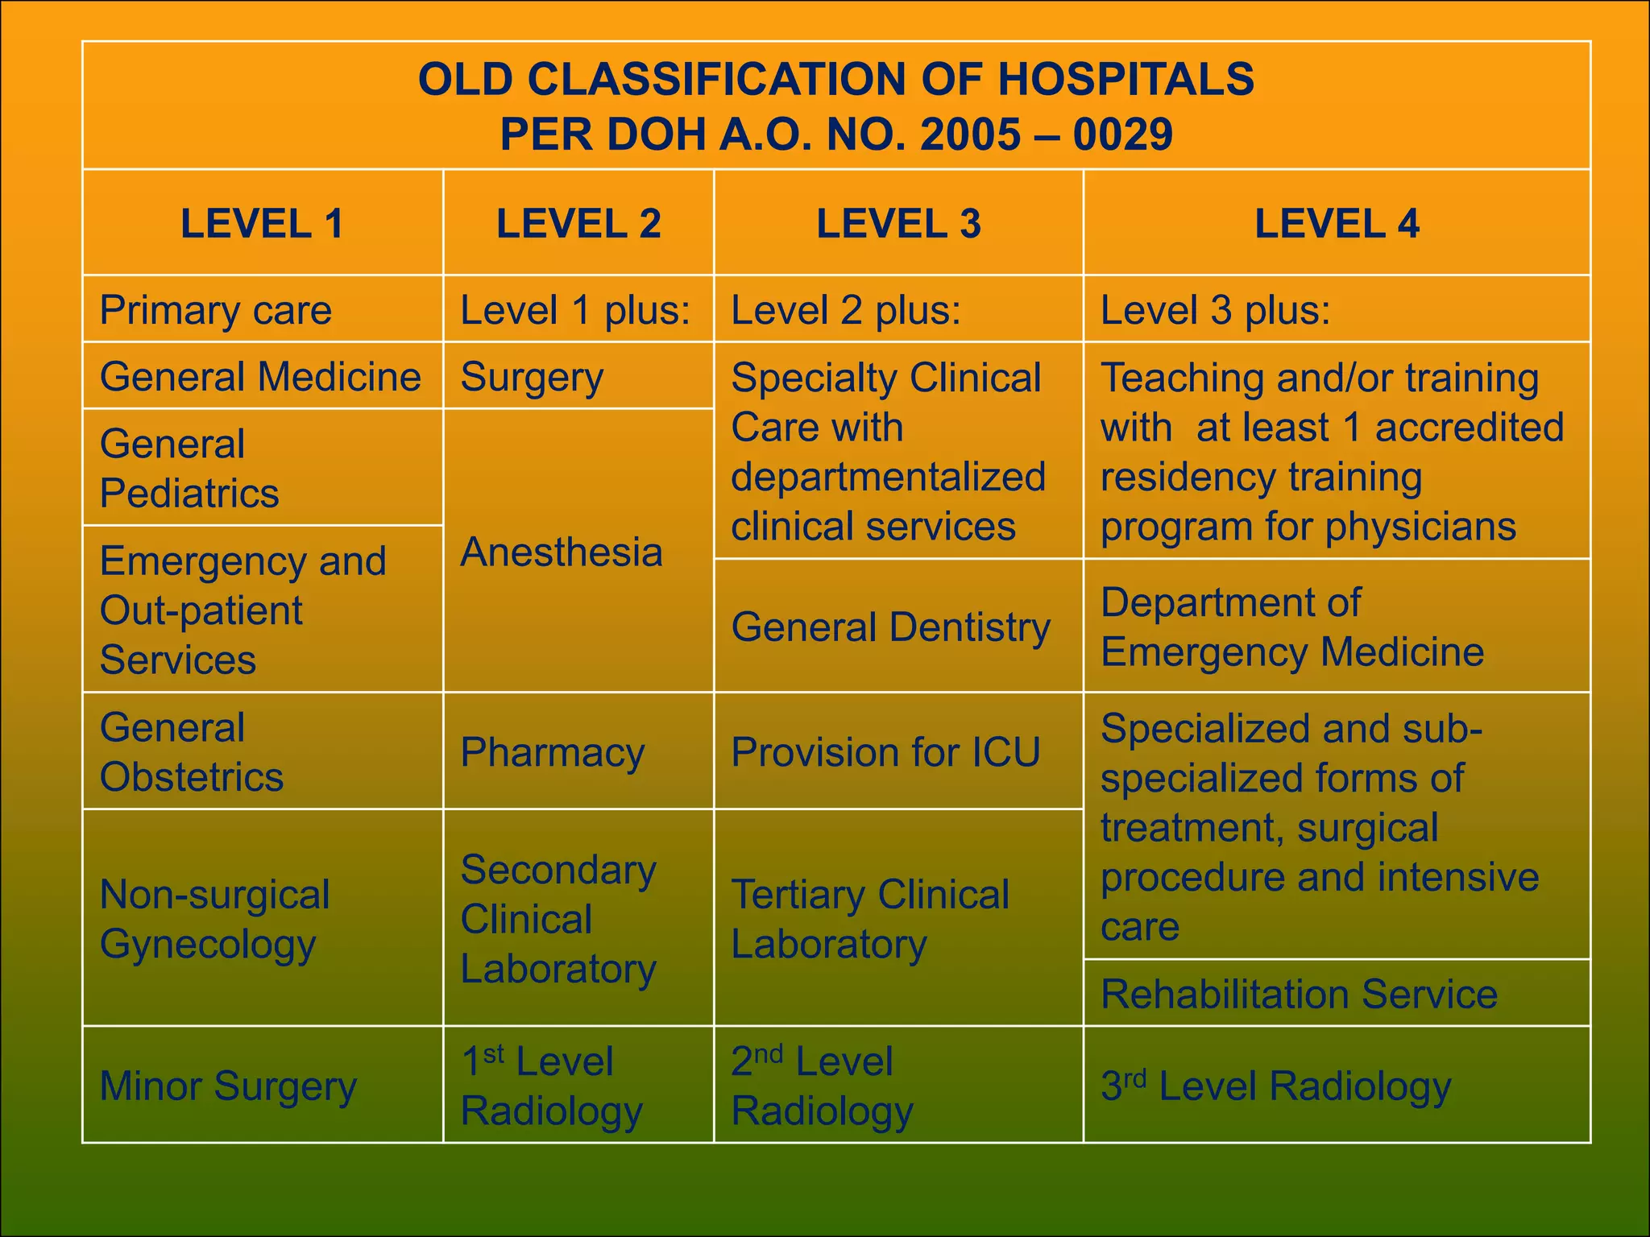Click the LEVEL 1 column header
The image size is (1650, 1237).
(262, 223)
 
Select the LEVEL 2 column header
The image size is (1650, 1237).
(578, 223)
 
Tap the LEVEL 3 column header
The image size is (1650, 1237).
(898, 223)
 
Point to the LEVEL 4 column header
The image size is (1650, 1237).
(1337, 223)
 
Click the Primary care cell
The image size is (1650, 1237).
(216, 310)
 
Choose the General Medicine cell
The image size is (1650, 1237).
(260, 377)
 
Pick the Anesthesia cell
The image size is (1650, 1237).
(562, 552)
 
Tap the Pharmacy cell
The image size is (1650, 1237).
(553, 753)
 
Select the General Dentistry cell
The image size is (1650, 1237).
(891, 627)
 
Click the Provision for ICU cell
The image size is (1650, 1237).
(885, 753)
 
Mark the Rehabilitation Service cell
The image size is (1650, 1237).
(1299, 994)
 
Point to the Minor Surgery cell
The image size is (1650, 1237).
(228, 1086)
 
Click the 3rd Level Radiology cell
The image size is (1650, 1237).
(1276, 1086)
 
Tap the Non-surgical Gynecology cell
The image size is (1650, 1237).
(215, 919)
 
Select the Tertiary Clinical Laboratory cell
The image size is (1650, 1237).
(870, 919)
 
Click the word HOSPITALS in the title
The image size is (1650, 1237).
(1126, 80)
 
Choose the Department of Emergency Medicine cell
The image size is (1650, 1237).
(1292, 627)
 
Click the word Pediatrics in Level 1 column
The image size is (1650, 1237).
(189, 493)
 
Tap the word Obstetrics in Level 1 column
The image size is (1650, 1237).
(192, 777)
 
